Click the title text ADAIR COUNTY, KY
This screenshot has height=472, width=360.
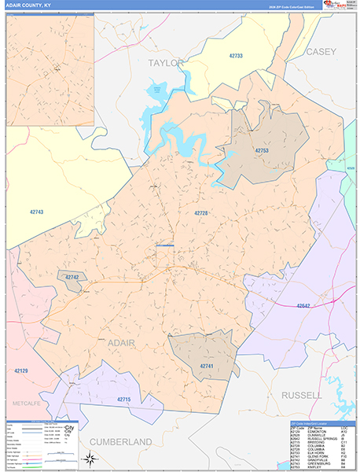(x=31, y=6)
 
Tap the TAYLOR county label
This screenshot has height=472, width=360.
(x=165, y=62)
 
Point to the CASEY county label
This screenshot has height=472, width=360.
(x=321, y=52)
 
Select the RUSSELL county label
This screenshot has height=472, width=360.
(x=301, y=393)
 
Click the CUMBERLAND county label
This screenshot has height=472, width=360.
(x=120, y=443)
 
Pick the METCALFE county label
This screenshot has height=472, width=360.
(x=27, y=402)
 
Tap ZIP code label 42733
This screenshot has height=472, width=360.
(x=233, y=56)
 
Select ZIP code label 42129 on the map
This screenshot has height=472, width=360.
(x=22, y=370)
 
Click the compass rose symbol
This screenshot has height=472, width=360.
(x=90, y=459)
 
